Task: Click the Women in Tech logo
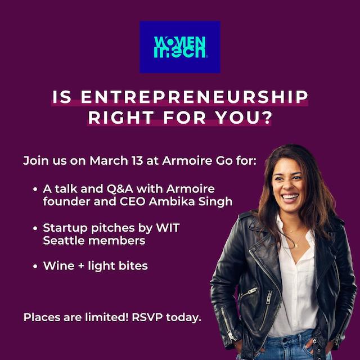[x=180, y=47]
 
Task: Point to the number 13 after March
[x=133, y=160]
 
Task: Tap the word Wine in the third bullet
[x=58, y=266]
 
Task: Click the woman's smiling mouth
[x=290, y=197]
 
